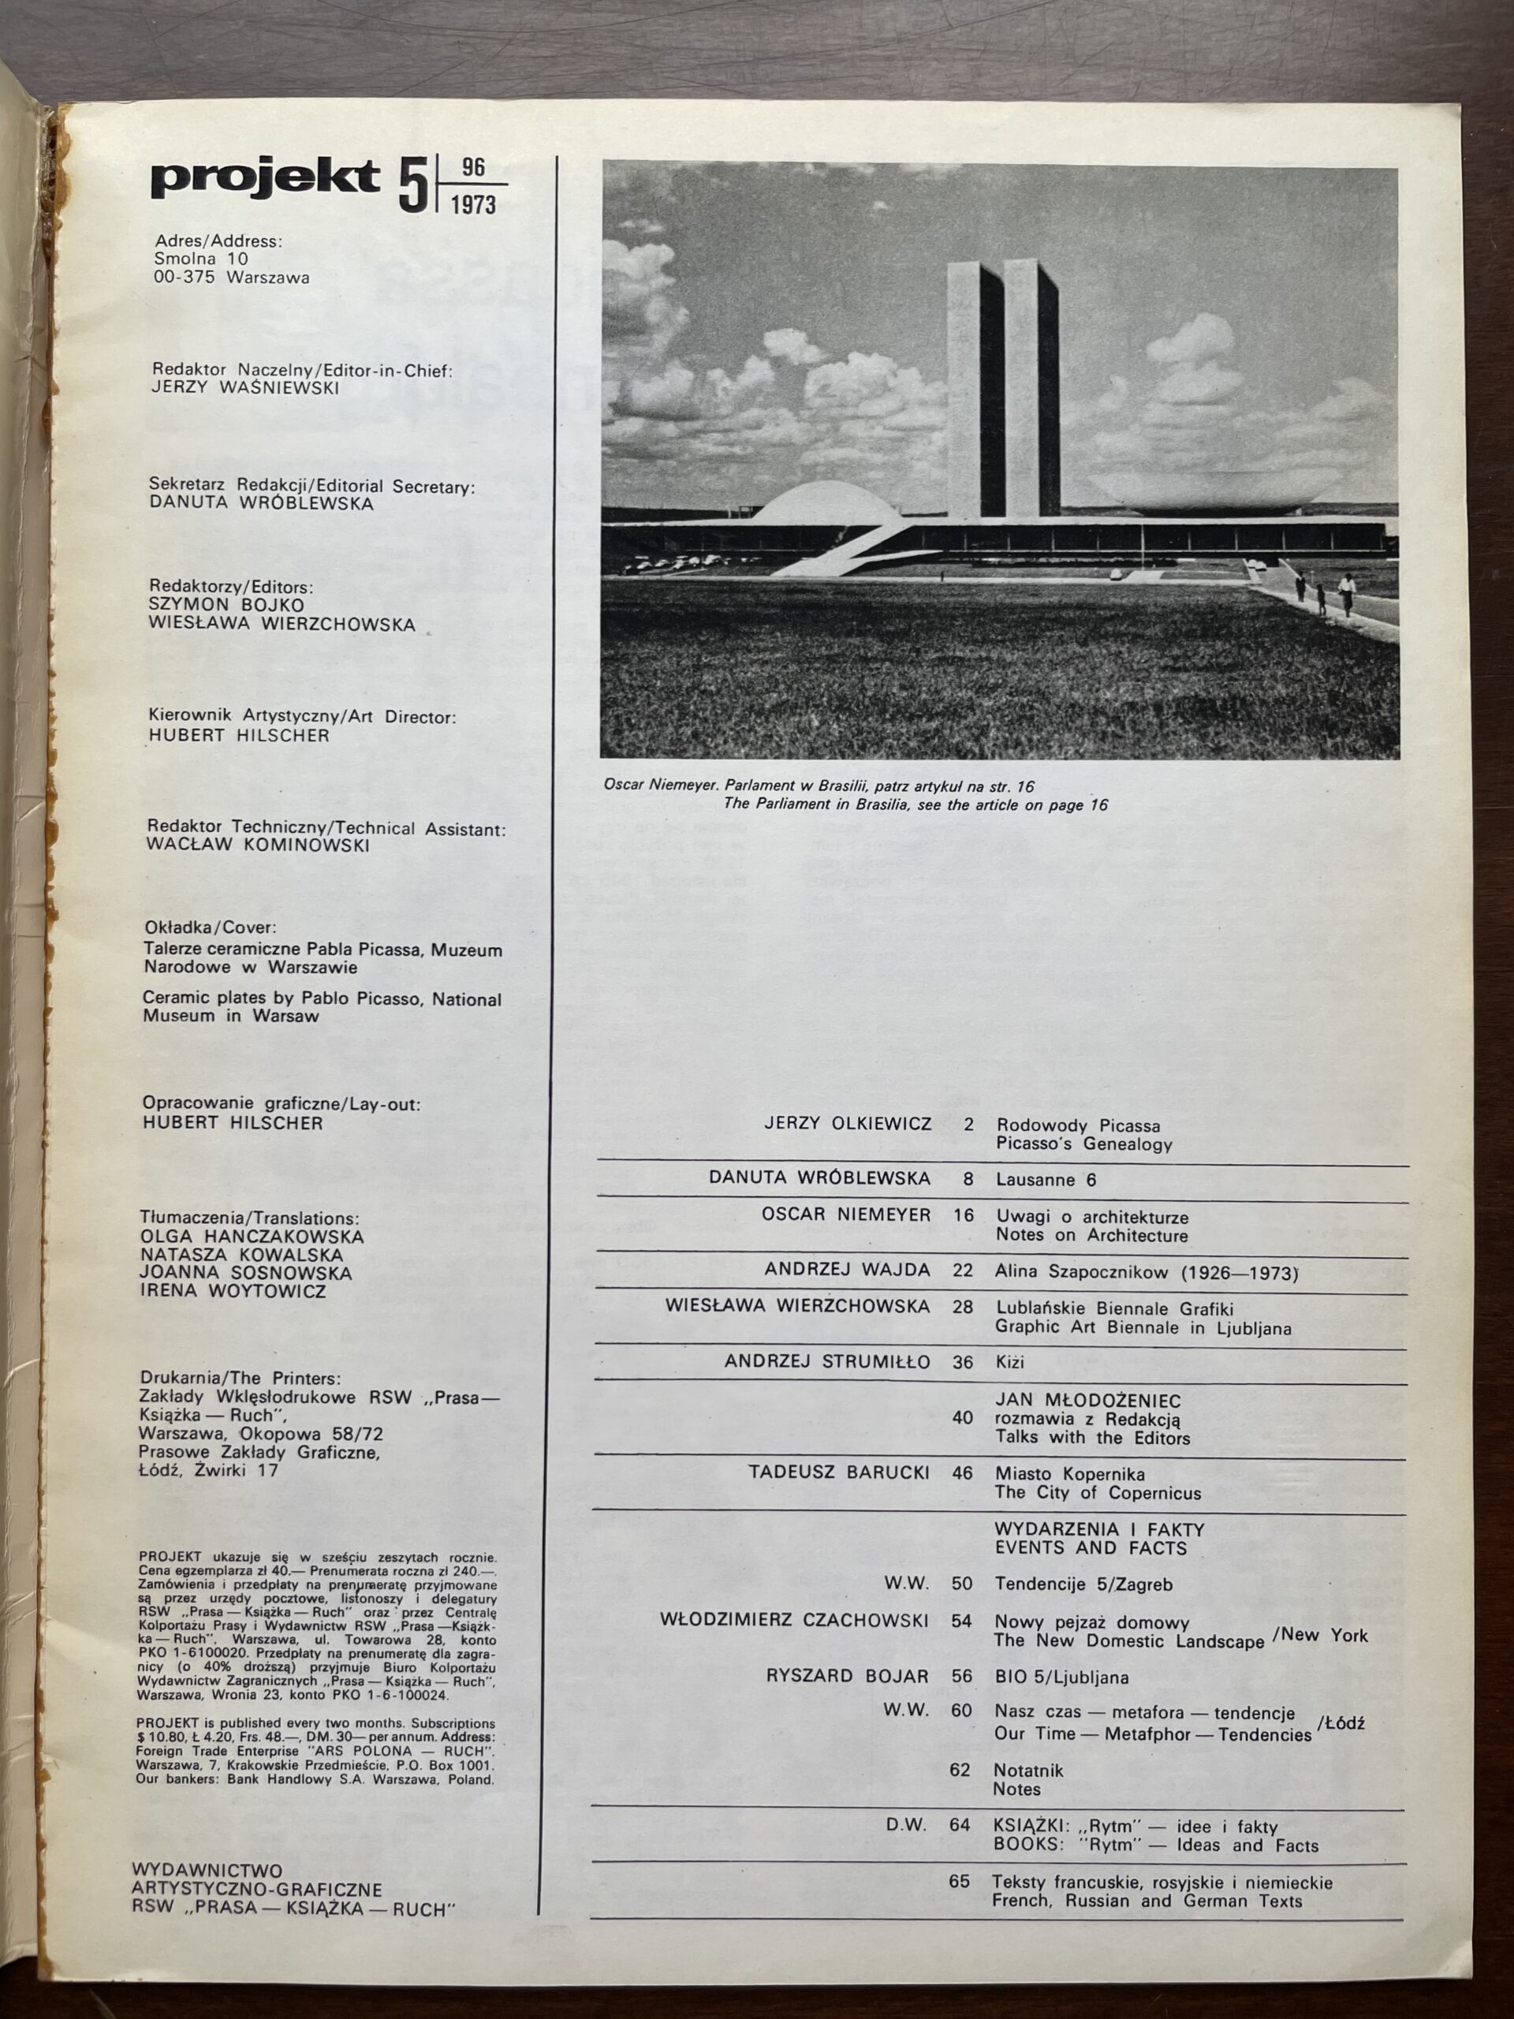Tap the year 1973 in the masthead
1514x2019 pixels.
point(472,204)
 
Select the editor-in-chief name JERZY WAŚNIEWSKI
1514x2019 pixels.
point(245,387)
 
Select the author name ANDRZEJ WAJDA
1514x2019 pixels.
point(847,1270)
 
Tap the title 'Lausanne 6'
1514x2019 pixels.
point(1046,1179)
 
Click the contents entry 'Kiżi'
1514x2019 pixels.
point(1010,1362)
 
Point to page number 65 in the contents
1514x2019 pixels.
point(958,1881)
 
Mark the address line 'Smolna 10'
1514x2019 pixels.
point(202,259)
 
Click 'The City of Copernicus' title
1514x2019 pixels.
point(1097,1493)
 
